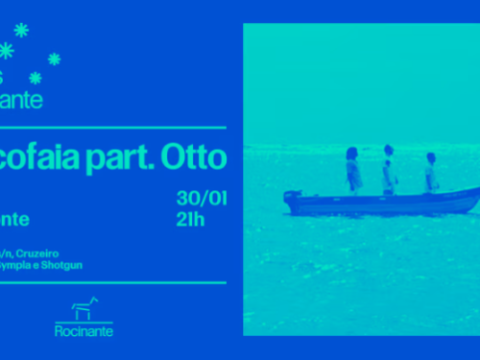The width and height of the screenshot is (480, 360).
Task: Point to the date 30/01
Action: coord(202,199)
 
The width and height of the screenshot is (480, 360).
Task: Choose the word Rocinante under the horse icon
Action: coord(84,331)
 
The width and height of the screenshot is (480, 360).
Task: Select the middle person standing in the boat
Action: coord(389,170)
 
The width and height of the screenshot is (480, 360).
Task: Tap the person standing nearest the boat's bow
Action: coord(431,173)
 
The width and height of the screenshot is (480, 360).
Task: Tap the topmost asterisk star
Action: coord(22,30)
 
